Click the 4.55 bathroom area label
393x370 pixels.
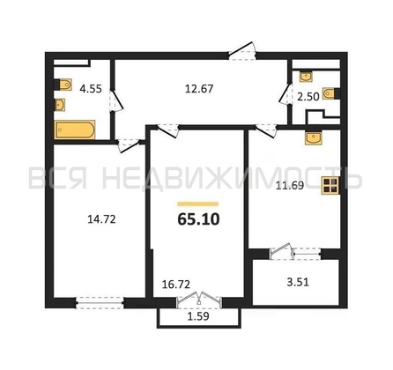coord(91,88)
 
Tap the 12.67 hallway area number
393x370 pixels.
coord(199,88)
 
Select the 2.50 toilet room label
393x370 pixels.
coord(308,97)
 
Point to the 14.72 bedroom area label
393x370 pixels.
coord(101,219)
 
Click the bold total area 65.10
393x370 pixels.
coord(198,219)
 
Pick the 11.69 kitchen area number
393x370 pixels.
coord(290,185)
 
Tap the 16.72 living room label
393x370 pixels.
coord(176,284)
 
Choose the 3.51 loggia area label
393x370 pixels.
coord(298,282)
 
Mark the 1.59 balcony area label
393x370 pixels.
coord(198,316)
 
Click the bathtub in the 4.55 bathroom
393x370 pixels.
coord(74,129)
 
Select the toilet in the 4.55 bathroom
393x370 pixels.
coord(63,85)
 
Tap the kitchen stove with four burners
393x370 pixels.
coord(330,186)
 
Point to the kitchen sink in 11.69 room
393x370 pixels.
coord(314,137)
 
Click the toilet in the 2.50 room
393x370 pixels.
coord(331,93)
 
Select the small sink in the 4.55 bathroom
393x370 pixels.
coord(60,105)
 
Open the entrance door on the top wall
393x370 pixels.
coord(242,52)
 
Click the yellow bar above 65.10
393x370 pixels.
coord(198,204)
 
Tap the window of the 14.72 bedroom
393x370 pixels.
coord(100,303)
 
